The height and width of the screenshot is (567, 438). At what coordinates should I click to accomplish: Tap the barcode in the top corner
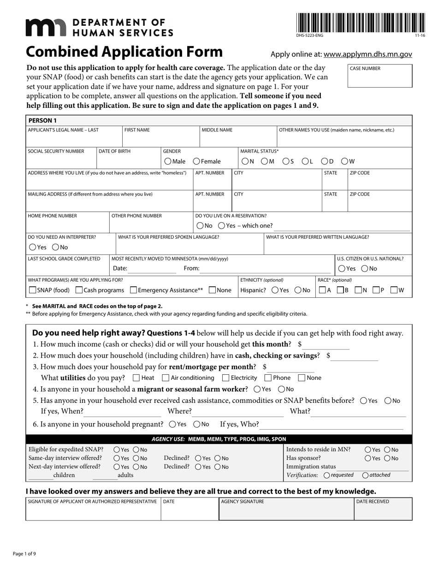[x=361, y=23]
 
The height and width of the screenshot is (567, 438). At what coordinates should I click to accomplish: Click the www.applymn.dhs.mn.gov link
[x=367, y=54]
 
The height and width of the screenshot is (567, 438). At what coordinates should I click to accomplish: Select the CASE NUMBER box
[x=380, y=76]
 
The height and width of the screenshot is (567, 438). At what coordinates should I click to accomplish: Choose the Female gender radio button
[x=196, y=161]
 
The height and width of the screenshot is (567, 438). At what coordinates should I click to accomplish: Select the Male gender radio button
[x=168, y=161]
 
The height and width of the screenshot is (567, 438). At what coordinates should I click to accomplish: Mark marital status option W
[x=344, y=161]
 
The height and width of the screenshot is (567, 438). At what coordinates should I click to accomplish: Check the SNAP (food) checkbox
[x=32, y=290]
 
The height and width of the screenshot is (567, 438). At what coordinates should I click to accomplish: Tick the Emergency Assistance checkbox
[x=134, y=290]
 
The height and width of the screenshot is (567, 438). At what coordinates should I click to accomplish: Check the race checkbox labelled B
[x=340, y=290]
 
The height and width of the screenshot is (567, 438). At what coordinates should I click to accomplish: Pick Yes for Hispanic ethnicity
[x=275, y=290]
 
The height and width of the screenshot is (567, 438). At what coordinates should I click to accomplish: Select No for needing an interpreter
[x=55, y=247]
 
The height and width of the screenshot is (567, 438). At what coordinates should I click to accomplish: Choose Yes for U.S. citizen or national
[x=342, y=268]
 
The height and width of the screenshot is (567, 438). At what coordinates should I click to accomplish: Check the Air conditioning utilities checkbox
[x=166, y=378]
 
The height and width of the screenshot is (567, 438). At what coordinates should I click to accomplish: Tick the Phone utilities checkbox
[x=268, y=378]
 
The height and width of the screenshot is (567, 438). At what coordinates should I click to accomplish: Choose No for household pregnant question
[x=196, y=424]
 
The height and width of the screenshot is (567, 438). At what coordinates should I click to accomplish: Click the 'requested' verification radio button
[x=327, y=475]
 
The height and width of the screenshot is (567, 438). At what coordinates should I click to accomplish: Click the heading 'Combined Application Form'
[x=124, y=52]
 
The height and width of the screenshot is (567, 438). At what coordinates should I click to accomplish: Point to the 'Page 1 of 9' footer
[x=24, y=554]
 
